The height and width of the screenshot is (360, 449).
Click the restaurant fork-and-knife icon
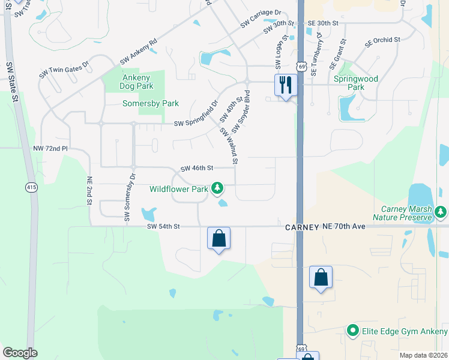point(285,85)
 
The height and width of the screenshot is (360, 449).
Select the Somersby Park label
point(151,104)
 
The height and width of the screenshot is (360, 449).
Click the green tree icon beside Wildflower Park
point(217,189)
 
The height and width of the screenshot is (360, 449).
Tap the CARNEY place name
point(301,227)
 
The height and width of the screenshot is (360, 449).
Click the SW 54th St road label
point(163,227)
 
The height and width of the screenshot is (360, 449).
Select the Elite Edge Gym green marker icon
point(352,331)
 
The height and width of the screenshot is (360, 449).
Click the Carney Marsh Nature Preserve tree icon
point(441,211)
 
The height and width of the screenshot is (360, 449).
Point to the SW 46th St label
point(197,169)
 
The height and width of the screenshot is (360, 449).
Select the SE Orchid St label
point(382,41)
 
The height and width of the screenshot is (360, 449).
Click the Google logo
point(20,353)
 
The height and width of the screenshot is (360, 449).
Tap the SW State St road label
point(10,82)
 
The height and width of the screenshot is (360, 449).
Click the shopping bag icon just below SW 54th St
point(218,238)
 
